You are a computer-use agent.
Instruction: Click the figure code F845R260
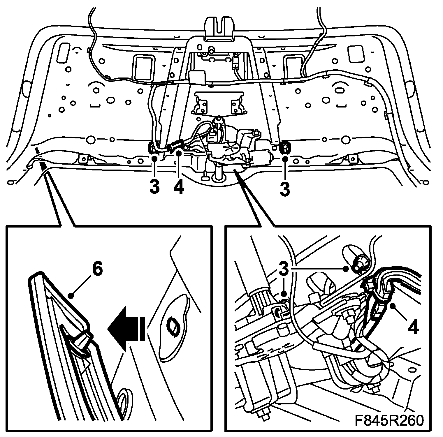click(x=389, y=421)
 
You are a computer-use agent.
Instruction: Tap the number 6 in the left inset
click(x=97, y=270)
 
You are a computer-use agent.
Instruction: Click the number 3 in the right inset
click(x=283, y=270)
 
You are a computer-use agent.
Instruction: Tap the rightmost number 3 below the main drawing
click(x=285, y=188)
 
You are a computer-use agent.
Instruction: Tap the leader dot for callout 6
click(x=71, y=296)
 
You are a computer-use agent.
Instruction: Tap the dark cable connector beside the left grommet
click(x=176, y=143)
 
